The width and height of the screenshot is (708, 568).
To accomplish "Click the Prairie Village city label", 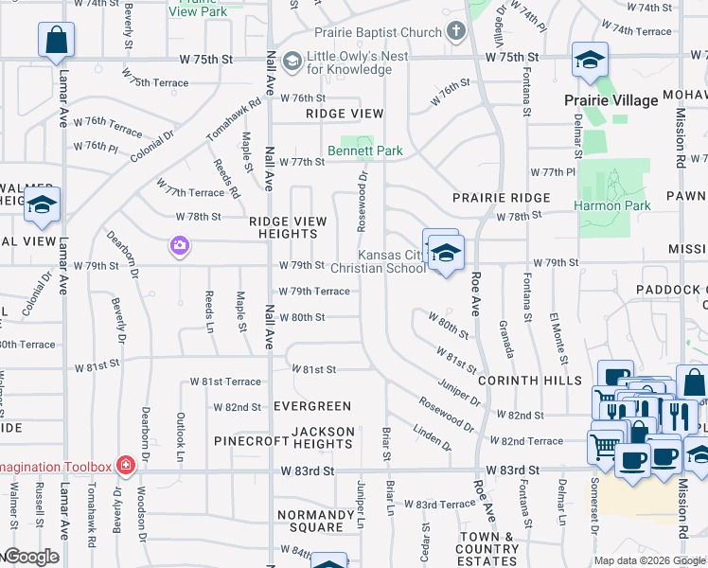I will point(611,100).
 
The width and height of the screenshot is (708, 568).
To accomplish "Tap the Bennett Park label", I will point(365,151).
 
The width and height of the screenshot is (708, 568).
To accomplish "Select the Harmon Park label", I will point(611,205).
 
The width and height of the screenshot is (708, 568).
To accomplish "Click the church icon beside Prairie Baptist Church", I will point(456,32).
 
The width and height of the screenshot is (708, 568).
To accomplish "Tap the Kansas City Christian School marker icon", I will point(446,252).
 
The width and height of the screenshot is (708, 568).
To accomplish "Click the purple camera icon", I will point(179,246).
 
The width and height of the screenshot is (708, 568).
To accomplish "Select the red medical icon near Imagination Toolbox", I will point(124,466).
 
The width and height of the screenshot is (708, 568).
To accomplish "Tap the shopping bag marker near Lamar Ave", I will point(56,41).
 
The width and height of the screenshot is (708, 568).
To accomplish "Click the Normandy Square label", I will point(304,521).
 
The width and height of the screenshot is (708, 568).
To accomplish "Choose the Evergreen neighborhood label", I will point(311,406).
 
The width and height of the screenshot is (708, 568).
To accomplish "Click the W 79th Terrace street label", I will point(313,292).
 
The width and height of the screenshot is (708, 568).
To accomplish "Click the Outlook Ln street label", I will point(179,432).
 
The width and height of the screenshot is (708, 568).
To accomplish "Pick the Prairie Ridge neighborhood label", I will point(501,198).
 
